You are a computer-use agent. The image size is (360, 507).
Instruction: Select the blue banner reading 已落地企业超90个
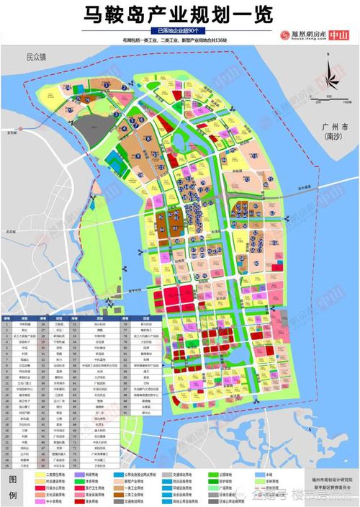pyautogui.click(x=179, y=32)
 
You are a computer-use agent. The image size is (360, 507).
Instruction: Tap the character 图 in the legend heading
pyautogui.click(x=13, y=478)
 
